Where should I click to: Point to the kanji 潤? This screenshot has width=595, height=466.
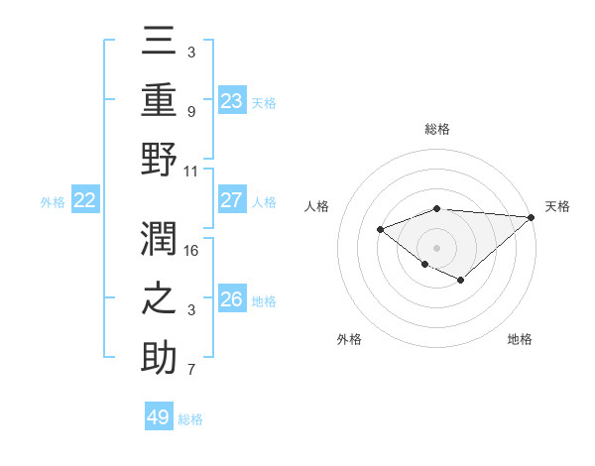159,238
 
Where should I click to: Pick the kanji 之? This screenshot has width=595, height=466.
159,297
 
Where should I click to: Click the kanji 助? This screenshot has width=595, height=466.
159,357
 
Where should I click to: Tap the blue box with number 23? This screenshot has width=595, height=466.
231,100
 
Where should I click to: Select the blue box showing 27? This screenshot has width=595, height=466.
231,199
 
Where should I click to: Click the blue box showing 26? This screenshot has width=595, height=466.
231,298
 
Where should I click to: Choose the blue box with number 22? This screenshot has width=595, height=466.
84,200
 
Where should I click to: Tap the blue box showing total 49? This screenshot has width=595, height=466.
159,417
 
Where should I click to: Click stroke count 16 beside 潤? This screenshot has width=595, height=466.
191,251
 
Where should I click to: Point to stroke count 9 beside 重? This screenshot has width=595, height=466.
191,112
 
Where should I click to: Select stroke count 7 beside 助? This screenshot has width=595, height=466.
191,371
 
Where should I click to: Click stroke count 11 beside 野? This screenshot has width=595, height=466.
191,171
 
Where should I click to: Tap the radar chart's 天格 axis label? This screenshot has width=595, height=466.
558,206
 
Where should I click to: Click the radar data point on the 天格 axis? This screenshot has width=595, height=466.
531,217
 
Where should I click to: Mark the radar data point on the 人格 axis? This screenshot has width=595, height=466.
381,229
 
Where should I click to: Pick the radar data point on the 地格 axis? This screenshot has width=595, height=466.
461,281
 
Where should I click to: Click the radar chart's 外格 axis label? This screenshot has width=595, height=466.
349,339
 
